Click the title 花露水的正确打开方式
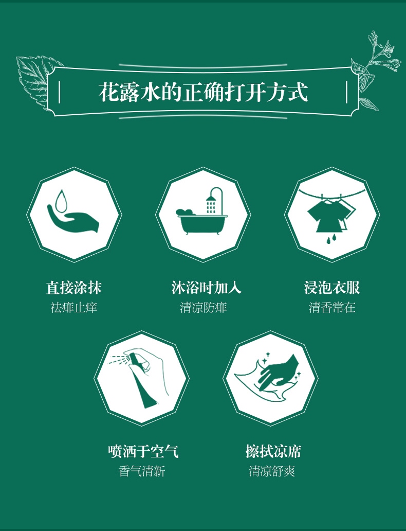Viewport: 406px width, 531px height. click(x=203, y=92)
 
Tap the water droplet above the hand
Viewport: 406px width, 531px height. click(x=61, y=202)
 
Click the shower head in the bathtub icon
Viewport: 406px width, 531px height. click(x=211, y=198)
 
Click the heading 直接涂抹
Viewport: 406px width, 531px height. click(x=74, y=288)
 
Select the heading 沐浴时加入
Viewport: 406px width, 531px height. click(x=207, y=288)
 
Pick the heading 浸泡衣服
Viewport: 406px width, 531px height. click(x=332, y=288)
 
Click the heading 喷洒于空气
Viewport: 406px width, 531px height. click(x=143, y=451)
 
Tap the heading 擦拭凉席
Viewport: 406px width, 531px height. click(x=273, y=451)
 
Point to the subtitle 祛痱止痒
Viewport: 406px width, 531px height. click(x=74, y=308)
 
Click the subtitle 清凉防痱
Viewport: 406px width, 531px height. click(x=204, y=308)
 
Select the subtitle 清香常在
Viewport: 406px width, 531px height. click(x=332, y=308)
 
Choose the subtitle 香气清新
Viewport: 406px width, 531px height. click(x=142, y=471)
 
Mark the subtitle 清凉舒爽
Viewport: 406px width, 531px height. click(x=272, y=471)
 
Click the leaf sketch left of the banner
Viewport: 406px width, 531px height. click(x=37, y=80)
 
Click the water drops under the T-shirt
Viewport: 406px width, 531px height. click(x=331, y=239)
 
